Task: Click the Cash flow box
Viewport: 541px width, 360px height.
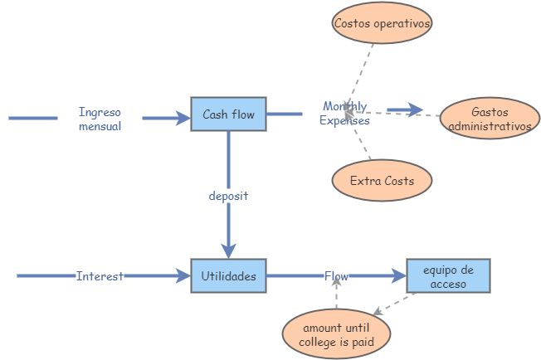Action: (x=228, y=114)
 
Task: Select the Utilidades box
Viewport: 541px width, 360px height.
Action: (x=228, y=275)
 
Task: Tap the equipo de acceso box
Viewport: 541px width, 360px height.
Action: (x=448, y=276)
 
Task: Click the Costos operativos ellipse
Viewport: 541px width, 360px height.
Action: (x=382, y=24)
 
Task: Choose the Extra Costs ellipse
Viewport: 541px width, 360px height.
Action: (x=381, y=180)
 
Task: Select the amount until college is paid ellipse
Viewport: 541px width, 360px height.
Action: (x=335, y=333)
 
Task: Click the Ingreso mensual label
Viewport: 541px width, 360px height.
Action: (x=100, y=119)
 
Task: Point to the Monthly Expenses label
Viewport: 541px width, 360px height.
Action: (x=344, y=114)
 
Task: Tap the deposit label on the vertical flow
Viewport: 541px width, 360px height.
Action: (x=228, y=197)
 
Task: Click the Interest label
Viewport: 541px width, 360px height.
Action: (x=100, y=276)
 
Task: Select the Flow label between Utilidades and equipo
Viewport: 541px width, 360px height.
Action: (x=336, y=276)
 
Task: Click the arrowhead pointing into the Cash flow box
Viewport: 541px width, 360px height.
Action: (x=183, y=119)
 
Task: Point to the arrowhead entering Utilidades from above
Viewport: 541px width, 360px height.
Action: (x=228, y=251)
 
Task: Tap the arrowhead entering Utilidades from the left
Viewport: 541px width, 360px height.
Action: (x=183, y=276)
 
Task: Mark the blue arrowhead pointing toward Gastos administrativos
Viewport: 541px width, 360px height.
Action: (x=415, y=110)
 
